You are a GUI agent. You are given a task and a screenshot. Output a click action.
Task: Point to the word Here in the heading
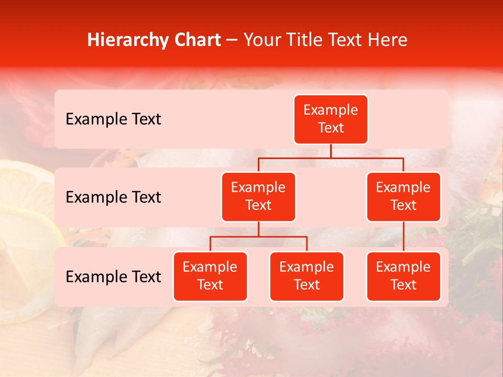(388, 40)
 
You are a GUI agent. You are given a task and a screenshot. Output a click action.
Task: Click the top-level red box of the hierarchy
(331, 119)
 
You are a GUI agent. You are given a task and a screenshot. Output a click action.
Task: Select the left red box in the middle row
(258, 196)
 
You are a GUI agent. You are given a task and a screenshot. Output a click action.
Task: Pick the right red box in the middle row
(403, 196)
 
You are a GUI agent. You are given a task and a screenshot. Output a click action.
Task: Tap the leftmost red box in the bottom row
(210, 276)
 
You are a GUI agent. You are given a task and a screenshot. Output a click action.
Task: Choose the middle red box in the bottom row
(307, 276)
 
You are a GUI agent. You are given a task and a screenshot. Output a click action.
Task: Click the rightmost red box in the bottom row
(403, 276)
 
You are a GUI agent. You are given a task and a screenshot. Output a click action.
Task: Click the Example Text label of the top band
(113, 119)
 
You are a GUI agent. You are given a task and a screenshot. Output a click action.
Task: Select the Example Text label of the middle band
(113, 197)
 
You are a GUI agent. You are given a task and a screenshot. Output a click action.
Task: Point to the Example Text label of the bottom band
(113, 277)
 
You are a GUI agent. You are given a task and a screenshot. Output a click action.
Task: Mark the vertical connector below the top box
(331, 151)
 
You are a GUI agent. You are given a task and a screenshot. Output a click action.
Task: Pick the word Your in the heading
(260, 40)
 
